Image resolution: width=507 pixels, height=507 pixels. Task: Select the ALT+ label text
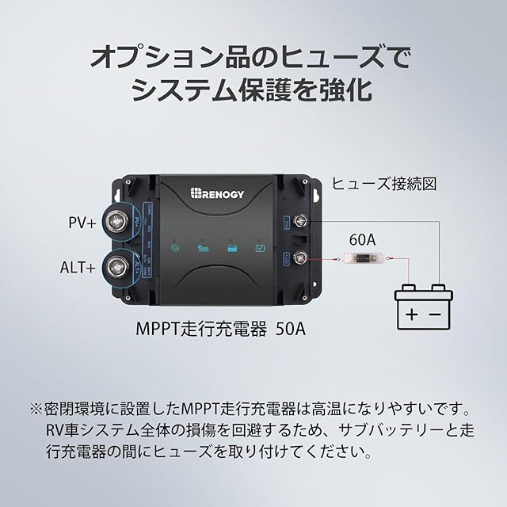[x=78, y=268]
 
